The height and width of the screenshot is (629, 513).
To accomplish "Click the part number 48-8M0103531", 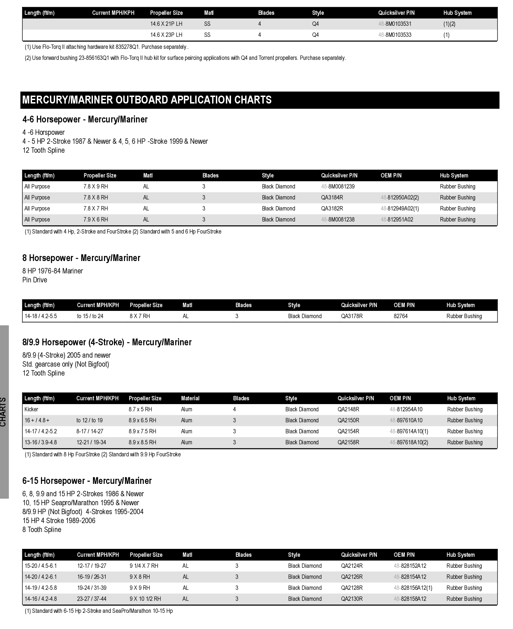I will pos(395,24).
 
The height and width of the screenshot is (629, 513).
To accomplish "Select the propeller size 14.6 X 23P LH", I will pos(166,35).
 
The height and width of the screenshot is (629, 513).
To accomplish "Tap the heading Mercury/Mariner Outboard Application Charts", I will pos(147,100).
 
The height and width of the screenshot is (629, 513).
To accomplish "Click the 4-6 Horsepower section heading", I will pos(85,120).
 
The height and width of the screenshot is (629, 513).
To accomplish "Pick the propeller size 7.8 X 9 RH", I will pos(96,187).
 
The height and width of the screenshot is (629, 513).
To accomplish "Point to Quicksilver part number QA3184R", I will pos(332,198).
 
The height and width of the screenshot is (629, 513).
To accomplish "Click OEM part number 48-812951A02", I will pos(397,220).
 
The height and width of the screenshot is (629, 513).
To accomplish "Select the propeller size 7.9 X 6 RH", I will pos(96,220).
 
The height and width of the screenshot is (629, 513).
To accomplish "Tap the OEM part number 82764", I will pos(400,316).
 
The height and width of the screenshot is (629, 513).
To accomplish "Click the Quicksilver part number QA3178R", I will pos(352,316).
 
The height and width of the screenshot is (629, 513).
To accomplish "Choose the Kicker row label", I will pos(31,410).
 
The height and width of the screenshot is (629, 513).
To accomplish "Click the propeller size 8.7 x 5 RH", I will pos(140,410).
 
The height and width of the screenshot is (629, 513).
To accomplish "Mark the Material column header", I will pos(190,399).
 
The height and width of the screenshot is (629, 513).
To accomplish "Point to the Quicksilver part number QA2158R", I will pos(348,443).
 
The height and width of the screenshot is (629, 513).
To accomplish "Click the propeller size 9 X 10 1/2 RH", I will pos(145,599).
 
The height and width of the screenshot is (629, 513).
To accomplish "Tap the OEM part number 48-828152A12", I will pos(410,566).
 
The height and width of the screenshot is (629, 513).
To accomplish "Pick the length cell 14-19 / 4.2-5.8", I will pos(41,588).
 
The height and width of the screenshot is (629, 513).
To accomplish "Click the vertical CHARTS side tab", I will pos(3,412).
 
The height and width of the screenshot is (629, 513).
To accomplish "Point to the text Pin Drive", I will pos(35,280).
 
